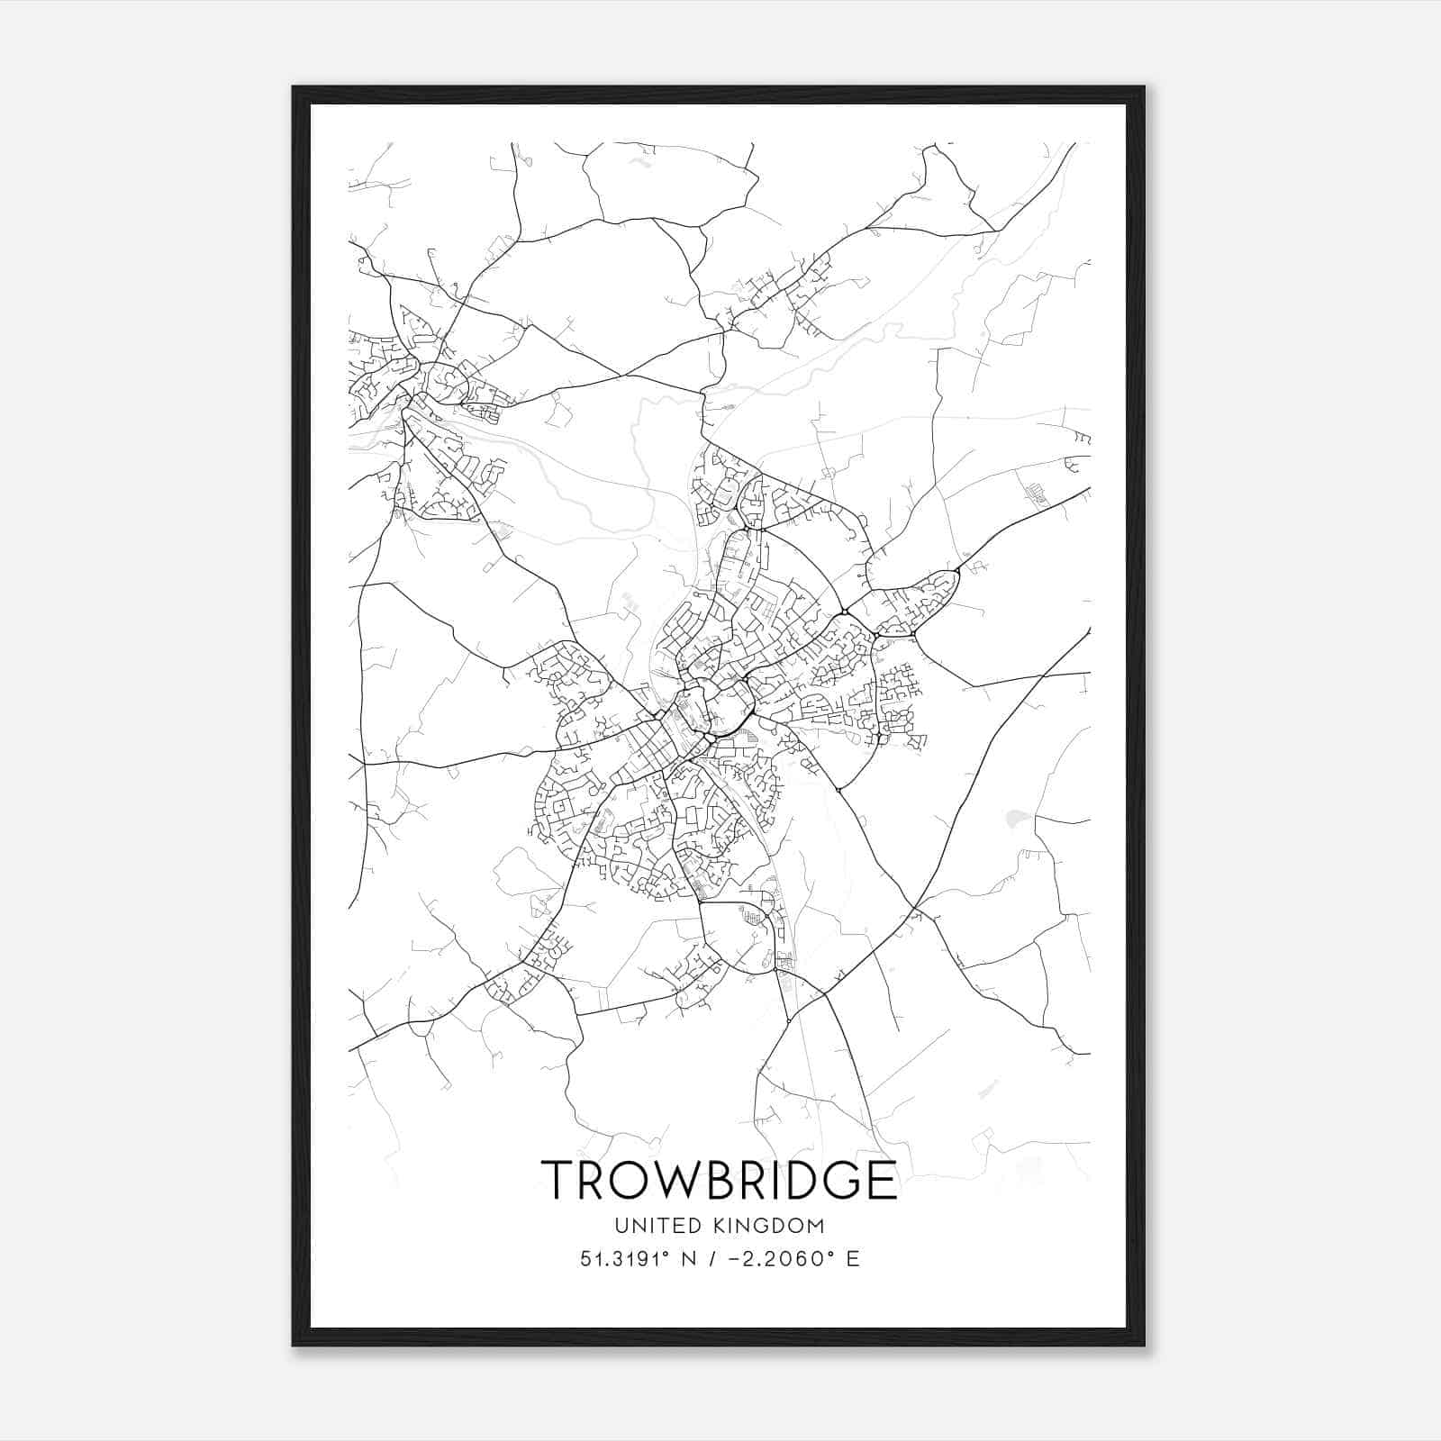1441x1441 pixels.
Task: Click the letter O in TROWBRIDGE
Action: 630,1179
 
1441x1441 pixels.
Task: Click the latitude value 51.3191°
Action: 624,1258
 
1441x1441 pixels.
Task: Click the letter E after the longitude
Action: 852,1258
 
